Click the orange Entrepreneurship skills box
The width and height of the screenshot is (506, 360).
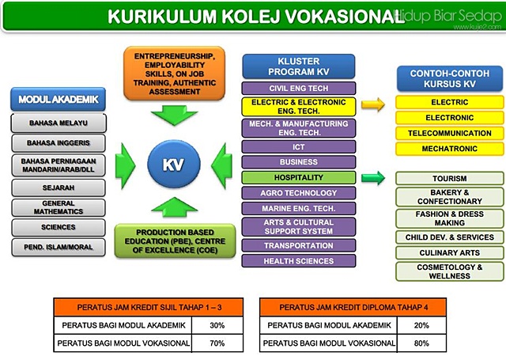pyautogui.click(x=174, y=73)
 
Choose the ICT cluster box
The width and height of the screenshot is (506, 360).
pyautogui.click(x=299, y=146)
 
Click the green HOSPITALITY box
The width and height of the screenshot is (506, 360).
pyautogui.click(x=299, y=177)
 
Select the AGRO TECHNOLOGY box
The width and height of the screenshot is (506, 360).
pyautogui.click(x=299, y=193)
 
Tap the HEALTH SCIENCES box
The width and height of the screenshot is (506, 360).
pyautogui.click(x=299, y=260)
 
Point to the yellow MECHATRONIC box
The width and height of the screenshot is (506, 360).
pyautogui.click(x=449, y=148)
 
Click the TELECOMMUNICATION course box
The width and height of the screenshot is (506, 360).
pyautogui.click(x=449, y=133)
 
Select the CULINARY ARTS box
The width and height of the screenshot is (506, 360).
pyautogui.click(x=450, y=252)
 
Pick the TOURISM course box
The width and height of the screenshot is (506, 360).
pyautogui.click(x=450, y=179)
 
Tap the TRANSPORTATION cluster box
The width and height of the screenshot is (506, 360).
pyautogui.click(x=299, y=245)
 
